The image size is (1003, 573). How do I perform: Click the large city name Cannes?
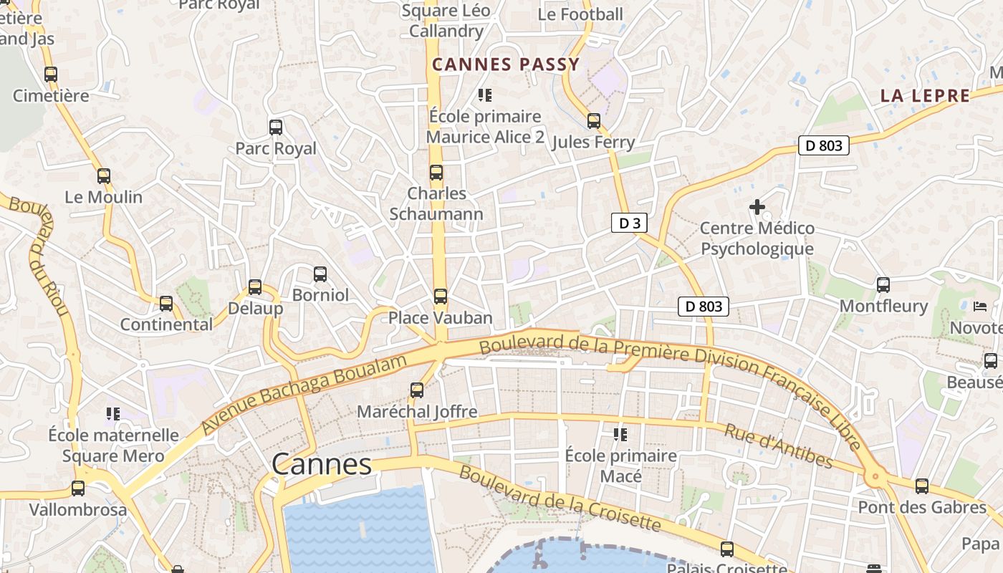click(322, 464)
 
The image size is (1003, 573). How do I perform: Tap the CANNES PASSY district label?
click(506, 64)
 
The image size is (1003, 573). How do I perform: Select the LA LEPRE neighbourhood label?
click(925, 96)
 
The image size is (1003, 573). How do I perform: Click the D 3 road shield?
click(629, 223)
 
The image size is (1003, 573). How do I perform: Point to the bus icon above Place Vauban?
click(441, 296)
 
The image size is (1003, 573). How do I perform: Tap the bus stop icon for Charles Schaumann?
click(436, 173)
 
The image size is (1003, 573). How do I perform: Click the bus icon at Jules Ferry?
click(594, 120)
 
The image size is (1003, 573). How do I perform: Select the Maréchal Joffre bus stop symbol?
click(417, 390)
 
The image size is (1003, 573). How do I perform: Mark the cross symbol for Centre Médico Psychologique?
click(757, 208)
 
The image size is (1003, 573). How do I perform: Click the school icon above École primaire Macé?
click(620, 434)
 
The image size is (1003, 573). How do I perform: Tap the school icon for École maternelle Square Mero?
click(112, 413)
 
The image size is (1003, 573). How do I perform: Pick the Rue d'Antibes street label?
click(778, 446)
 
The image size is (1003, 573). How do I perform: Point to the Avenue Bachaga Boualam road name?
click(304, 394)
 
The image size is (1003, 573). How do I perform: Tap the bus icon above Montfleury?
click(883, 285)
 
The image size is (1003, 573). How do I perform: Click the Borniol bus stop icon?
click(320, 274)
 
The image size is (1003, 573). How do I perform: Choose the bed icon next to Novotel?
click(980, 307)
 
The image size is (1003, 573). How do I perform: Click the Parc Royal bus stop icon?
click(276, 127)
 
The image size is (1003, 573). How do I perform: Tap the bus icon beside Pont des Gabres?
click(922, 486)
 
